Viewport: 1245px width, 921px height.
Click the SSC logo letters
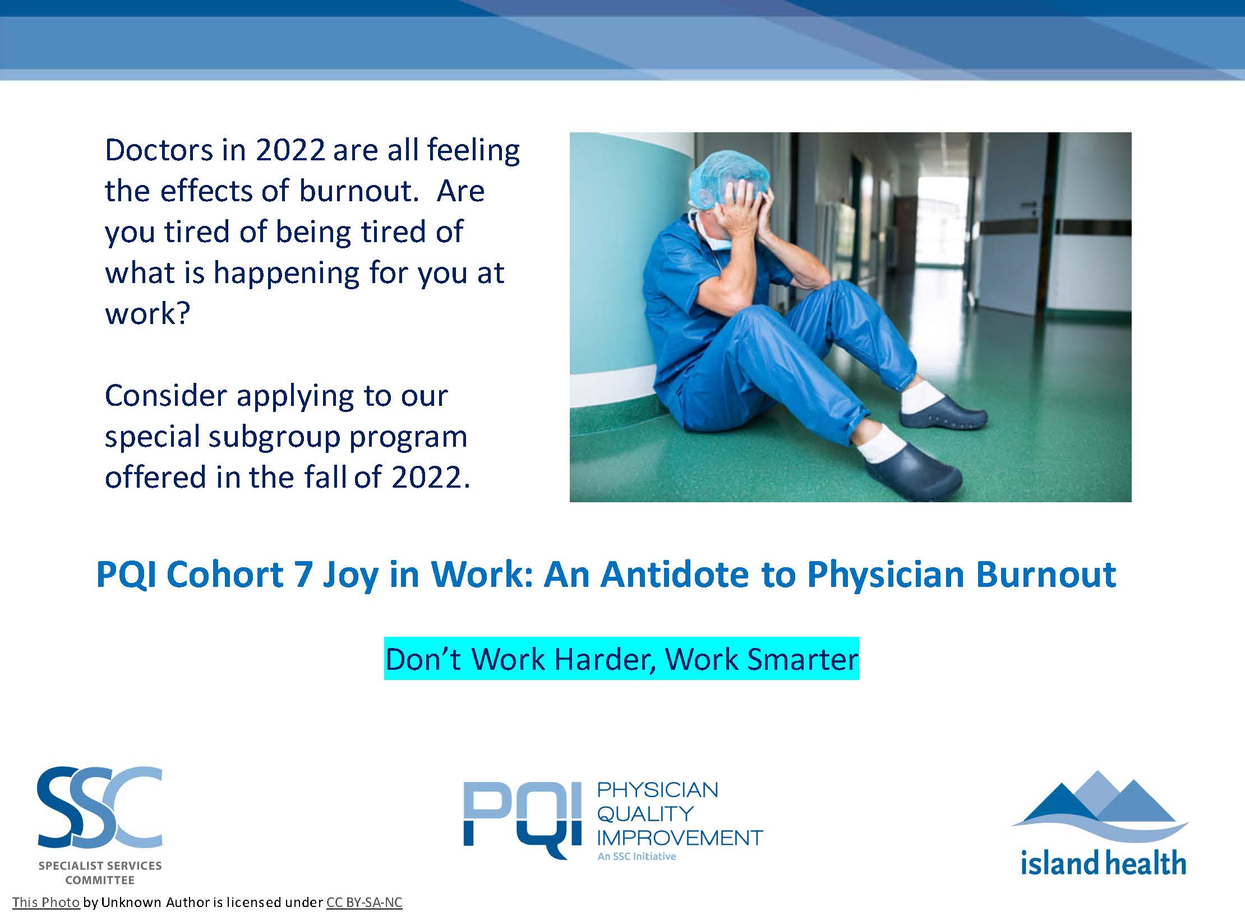(x=100, y=808)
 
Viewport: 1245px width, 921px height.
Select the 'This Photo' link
(x=46, y=903)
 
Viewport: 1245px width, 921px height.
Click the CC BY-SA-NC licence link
(x=365, y=903)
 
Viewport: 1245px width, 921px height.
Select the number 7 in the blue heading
(x=303, y=575)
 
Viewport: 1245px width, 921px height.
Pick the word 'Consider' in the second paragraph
(x=166, y=396)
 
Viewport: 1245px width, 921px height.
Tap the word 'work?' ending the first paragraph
(x=147, y=313)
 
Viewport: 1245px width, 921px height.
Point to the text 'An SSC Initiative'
(x=637, y=857)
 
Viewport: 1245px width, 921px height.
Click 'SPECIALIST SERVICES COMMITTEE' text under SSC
(x=100, y=873)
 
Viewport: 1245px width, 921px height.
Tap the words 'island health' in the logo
(x=1103, y=863)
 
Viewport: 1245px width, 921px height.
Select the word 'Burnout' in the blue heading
(x=1046, y=574)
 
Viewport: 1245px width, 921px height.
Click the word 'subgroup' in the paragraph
(x=274, y=438)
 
